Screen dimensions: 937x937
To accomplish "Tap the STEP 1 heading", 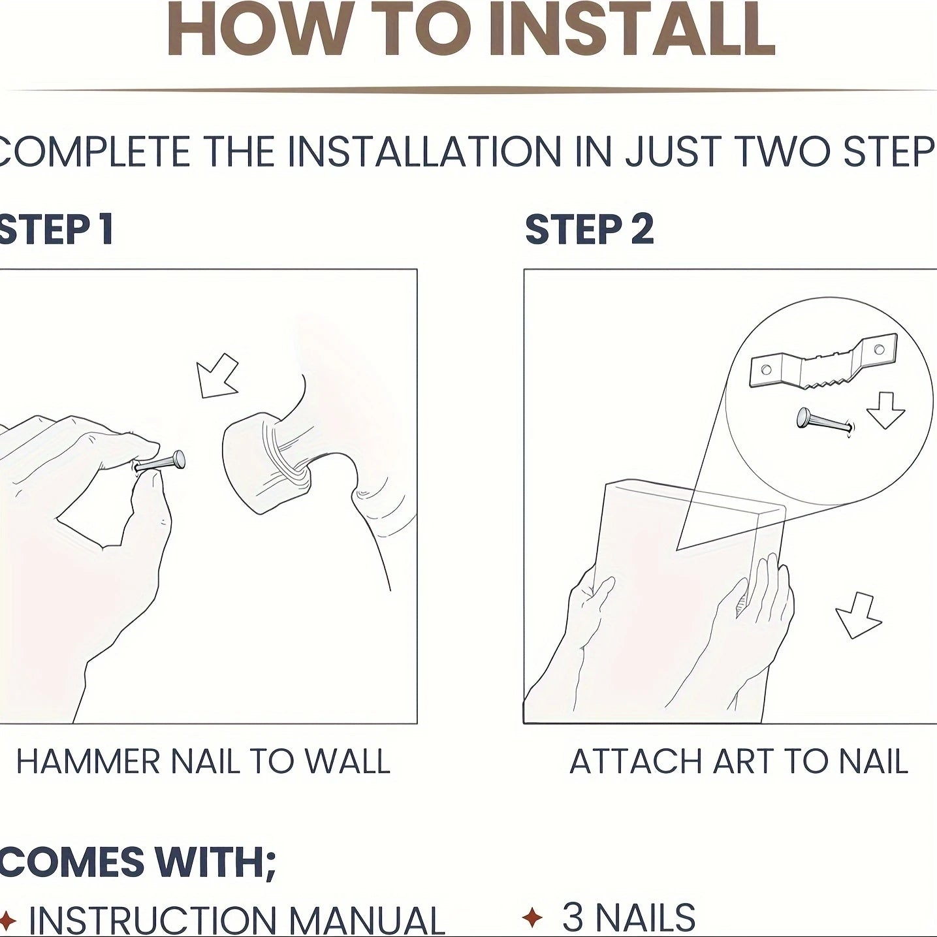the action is pos(56,229).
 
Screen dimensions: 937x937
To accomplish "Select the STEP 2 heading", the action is pos(590,229).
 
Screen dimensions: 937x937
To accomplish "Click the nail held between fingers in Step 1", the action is pos(159,462).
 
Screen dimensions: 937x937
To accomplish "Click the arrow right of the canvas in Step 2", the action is pos(858,615).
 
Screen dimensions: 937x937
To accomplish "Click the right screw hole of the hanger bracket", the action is pos(879,349).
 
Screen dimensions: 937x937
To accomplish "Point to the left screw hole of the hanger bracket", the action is pos(767,370).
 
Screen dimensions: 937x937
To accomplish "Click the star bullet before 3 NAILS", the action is pos(532,917).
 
